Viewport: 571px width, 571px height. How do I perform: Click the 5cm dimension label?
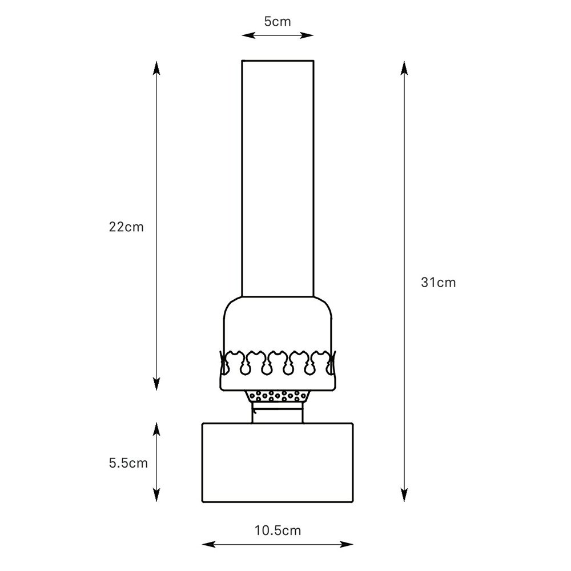[x=278, y=22]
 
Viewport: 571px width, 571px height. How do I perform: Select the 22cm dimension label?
[x=126, y=227]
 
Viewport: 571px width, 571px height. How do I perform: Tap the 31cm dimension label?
[x=439, y=283]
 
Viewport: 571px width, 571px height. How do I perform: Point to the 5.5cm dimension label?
[x=128, y=463]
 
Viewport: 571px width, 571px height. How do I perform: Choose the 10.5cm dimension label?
[x=278, y=530]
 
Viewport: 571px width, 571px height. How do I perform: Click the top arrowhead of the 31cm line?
[x=404, y=68]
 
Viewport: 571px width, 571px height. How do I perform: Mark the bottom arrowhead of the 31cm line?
[x=404, y=495]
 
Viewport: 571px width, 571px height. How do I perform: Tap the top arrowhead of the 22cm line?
[x=156, y=68]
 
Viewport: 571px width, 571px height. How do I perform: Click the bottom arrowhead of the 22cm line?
[x=156, y=384]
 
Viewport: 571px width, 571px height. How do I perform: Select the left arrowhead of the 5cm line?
[x=249, y=35]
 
